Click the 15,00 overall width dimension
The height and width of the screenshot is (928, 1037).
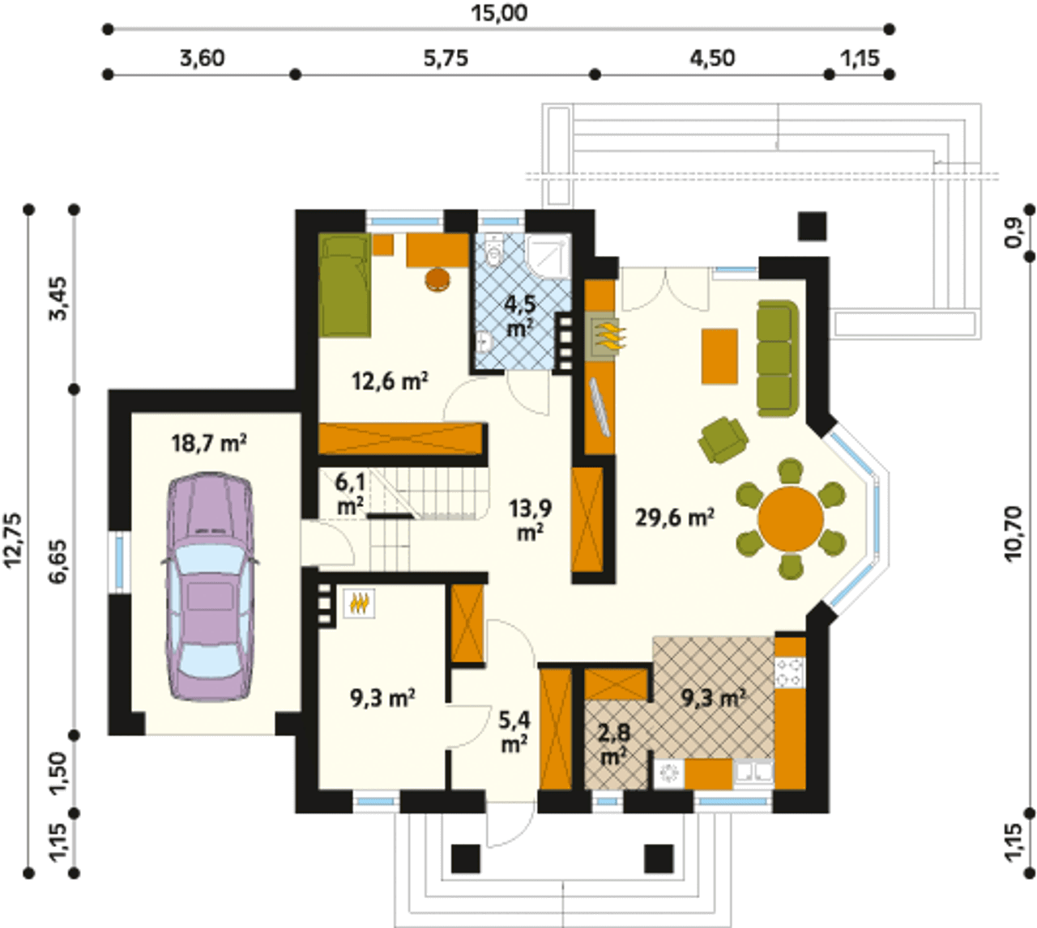click(x=498, y=14)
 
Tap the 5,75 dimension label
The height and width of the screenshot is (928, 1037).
click(x=446, y=59)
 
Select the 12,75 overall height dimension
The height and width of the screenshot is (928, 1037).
click(x=14, y=539)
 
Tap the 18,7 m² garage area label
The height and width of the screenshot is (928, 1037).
click(x=209, y=443)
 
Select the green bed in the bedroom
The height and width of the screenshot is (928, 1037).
click(x=344, y=284)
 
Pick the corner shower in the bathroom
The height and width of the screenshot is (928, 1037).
click(x=548, y=257)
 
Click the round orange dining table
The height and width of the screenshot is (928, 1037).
click(x=791, y=519)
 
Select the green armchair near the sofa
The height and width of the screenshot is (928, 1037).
click(x=723, y=440)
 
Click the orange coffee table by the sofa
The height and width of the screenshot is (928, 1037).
click(x=719, y=356)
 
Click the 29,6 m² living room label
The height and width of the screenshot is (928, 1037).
click(x=675, y=517)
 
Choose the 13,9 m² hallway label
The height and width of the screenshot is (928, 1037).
click(x=530, y=520)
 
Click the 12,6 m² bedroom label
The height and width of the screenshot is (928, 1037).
click(x=390, y=381)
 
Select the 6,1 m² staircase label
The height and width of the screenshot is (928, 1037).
click(x=351, y=494)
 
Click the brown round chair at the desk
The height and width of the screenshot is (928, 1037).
click(x=437, y=279)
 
